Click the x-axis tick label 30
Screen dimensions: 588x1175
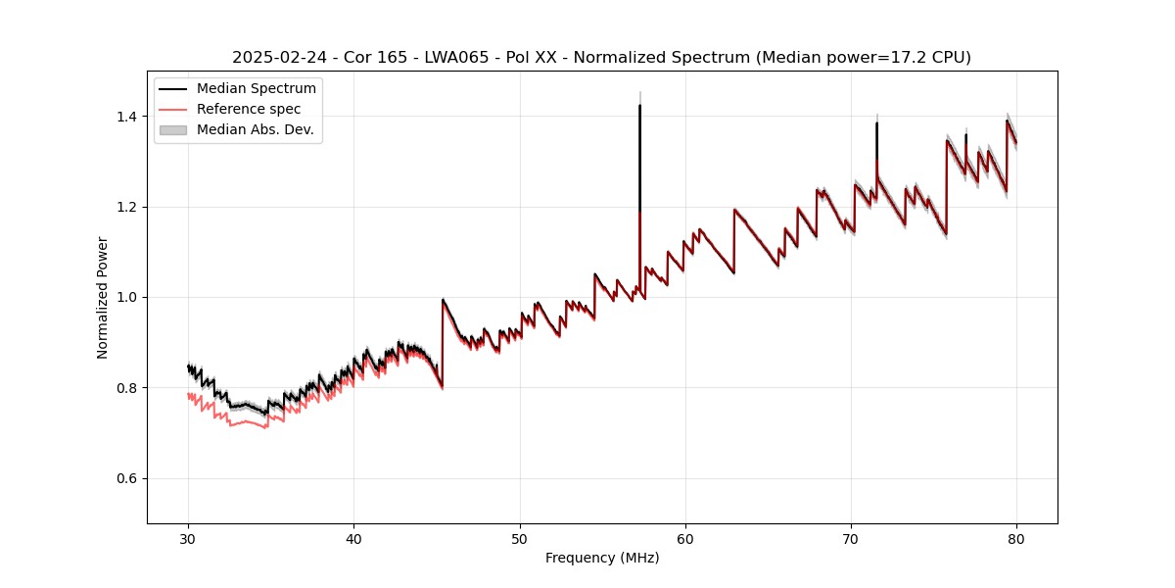(189, 538)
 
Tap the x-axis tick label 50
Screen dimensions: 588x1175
(520, 538)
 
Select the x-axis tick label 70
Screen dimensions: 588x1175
(851, 538)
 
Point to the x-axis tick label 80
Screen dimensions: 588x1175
(1016, 538)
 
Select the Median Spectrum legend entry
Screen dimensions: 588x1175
(256, 89)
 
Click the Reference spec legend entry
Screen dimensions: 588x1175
(249, 109)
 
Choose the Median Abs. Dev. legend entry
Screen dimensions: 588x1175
(255, 129)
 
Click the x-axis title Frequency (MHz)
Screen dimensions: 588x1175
(602, 558)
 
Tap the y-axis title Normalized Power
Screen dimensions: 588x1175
(103, 297)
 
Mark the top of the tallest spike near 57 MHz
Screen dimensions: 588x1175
(639, 106)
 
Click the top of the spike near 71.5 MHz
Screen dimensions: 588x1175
(876, 123)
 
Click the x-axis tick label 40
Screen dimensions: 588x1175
(354, 538)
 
